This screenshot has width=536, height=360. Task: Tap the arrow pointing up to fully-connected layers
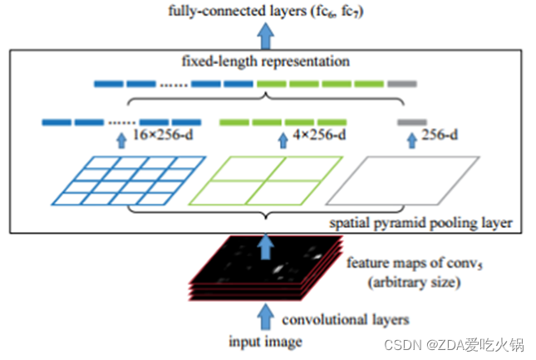265,35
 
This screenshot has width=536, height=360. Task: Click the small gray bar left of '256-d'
411,122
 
